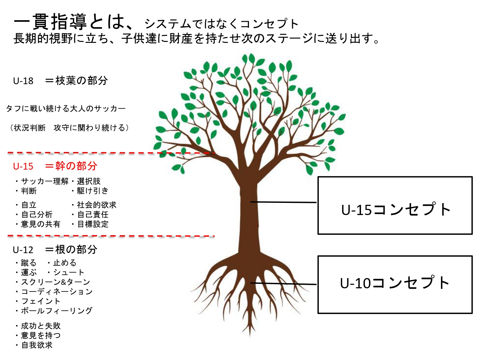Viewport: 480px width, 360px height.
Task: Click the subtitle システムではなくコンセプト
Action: [x=221, y=24]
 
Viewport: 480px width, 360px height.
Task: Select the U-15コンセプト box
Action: [x=395, y=205]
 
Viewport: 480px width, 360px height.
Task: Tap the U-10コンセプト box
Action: [x=395, y=284]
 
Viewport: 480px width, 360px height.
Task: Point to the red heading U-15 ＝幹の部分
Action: [x=55, y=166]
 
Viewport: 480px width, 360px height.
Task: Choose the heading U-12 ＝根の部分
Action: [x=55, y=250]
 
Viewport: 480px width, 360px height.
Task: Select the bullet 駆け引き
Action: [x=92, y=191]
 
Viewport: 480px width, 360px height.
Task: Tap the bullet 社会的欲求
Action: [x=96, y=205]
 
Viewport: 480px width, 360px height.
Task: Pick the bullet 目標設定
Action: [x=93, y=224]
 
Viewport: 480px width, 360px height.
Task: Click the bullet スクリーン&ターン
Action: [x=55, y=282]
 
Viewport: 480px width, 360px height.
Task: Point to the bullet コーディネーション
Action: [x=57, y=292]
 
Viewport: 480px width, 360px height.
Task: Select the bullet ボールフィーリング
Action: [x=57, y=311]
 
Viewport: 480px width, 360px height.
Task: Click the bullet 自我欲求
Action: [x=36, y=345]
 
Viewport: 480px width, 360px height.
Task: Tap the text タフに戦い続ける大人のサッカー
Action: [x=66, y=109]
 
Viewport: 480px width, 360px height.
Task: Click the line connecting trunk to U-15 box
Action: [x=283, y=202]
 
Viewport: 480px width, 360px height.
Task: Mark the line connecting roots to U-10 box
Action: [x=283, y=284]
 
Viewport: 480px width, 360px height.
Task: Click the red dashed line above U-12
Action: [x=110, y=236]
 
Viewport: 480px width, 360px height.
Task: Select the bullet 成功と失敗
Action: [x=41, y=326]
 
